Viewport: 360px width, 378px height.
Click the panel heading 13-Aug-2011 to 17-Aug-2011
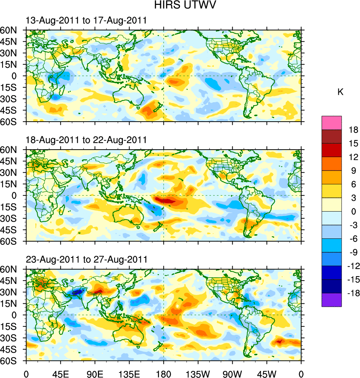pyautogui.click(x=86, y=21)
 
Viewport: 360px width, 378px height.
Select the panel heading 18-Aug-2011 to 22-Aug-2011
pyautogui.click(x=86, y=140)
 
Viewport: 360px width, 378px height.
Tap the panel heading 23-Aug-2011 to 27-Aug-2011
pyautogui.click(x=86, y=259)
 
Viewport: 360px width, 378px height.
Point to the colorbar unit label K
pyautogui.click(x=341, y=92)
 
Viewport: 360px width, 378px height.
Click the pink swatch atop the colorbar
pyautogui.click(x=332, y=122)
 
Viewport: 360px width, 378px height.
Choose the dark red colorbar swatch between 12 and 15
pyautogui.click(x=332, y=150)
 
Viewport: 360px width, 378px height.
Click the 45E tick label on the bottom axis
pyautogui.click(x=60, y=373)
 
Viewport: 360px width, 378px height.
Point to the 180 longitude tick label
pyautogui.click(x=164, y=373)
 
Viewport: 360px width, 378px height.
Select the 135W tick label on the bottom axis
pyautogui.click(x=198, y=373)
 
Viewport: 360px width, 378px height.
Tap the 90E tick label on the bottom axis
pyautogui.click(x=95, y=373)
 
